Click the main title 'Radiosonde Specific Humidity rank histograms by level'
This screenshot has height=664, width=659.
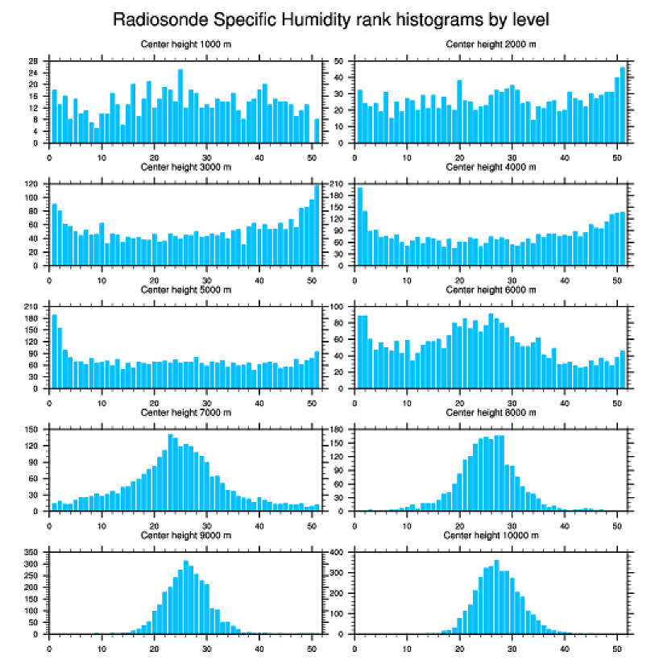point(329,19)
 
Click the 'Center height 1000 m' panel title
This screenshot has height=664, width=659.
point(186,44)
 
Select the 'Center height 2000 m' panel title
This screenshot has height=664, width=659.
point(491,44)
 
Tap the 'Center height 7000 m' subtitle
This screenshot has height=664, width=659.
point(186,412)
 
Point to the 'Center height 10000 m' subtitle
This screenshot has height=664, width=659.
point(491,535)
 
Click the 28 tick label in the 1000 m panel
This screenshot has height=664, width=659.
point(34,61)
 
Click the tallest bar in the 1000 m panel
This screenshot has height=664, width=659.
point(180,106)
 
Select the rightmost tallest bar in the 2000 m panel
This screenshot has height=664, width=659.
point(622,93)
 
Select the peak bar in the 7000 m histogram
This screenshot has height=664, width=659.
point(170,472)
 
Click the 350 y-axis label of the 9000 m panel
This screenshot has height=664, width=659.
point(31,553)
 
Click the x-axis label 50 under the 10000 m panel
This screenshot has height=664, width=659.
point(616,646)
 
